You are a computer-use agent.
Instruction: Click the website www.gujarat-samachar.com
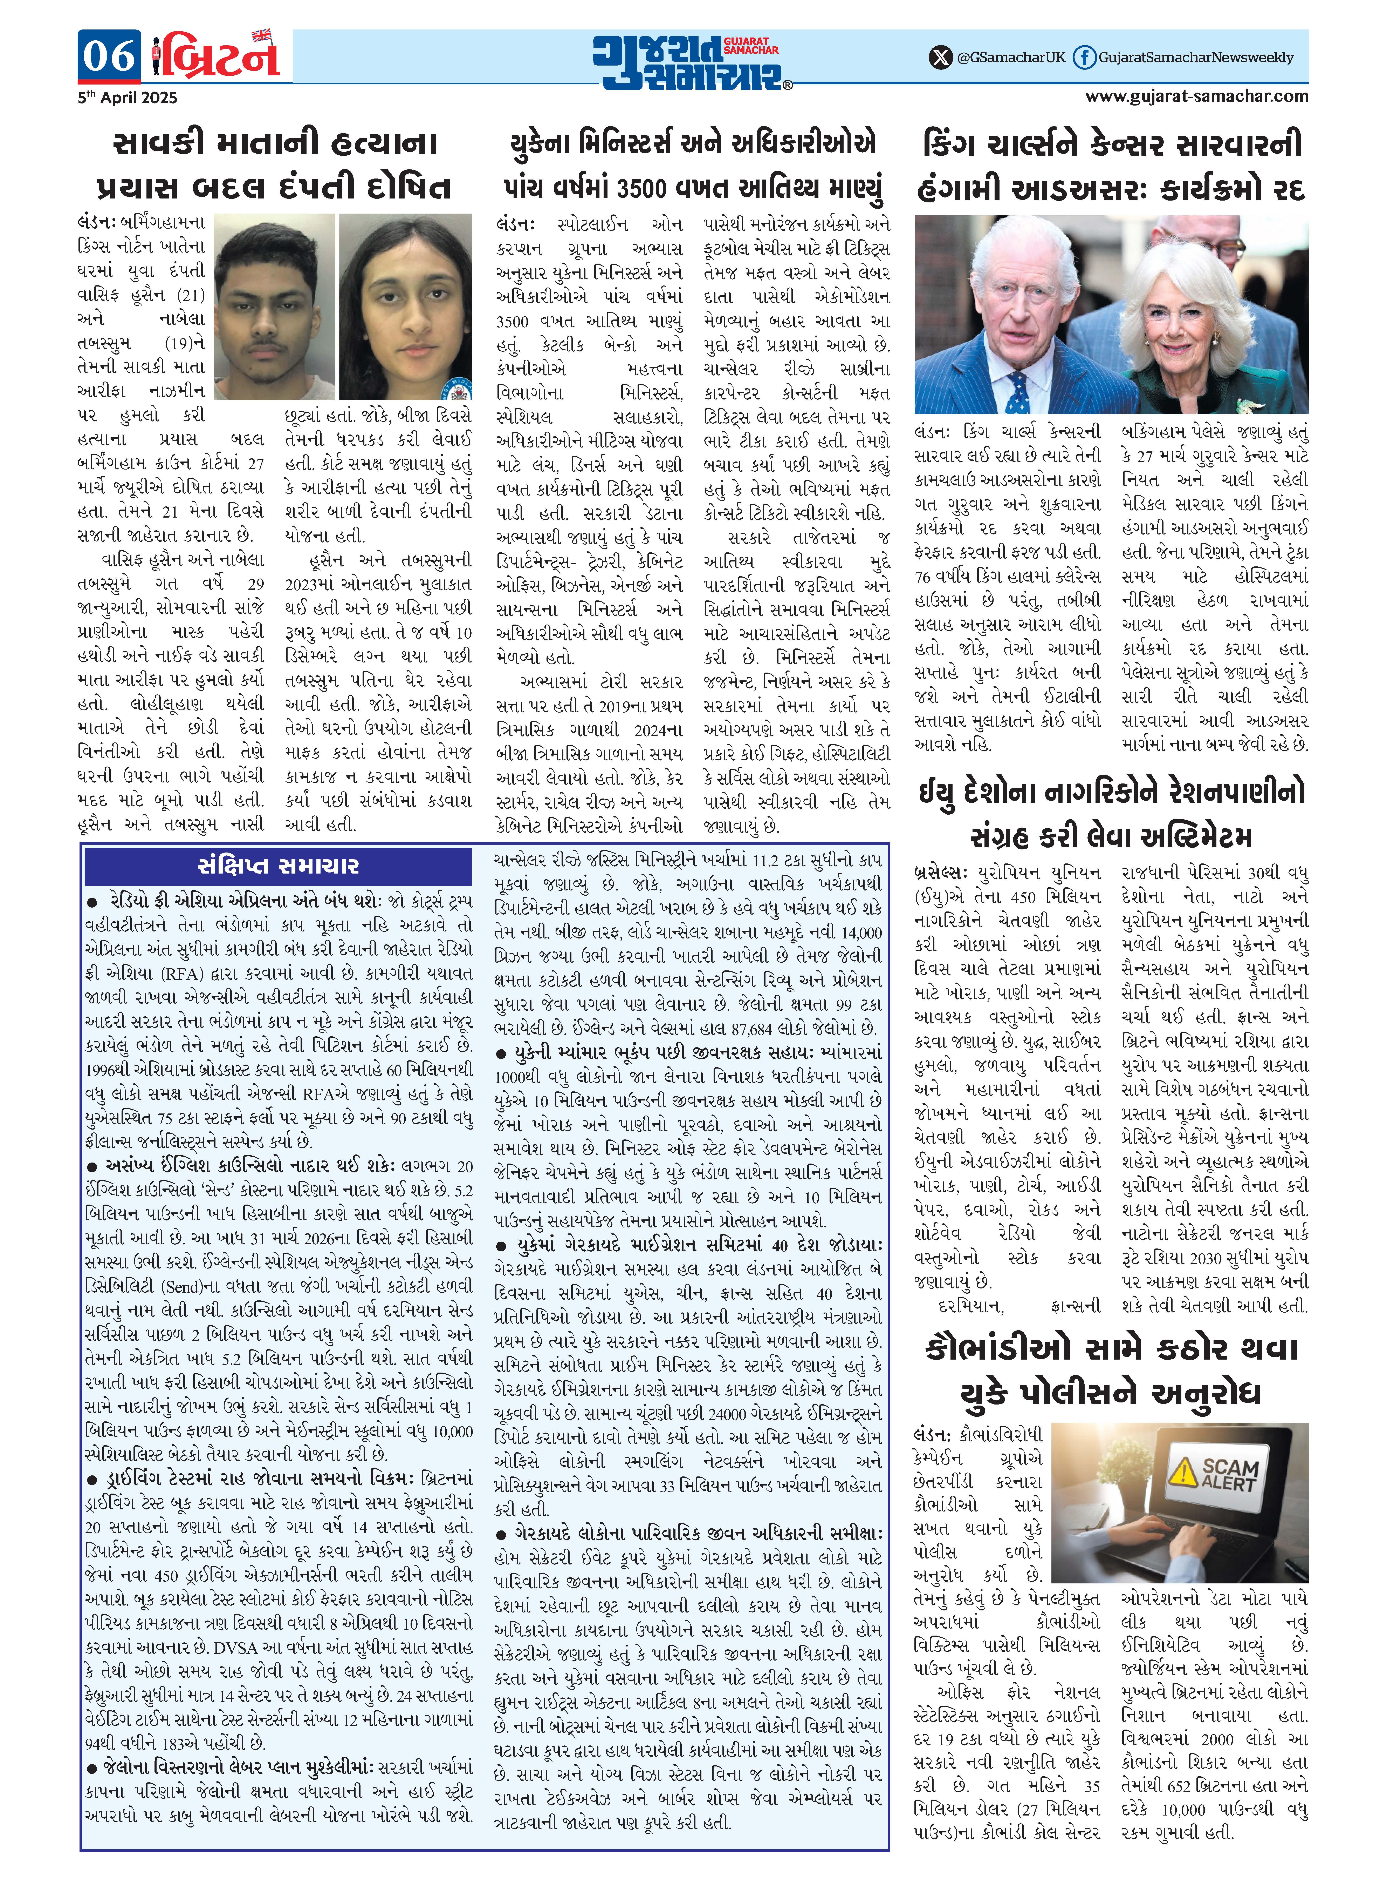point(1196,96)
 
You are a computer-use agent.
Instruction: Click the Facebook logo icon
point(1084,57)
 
